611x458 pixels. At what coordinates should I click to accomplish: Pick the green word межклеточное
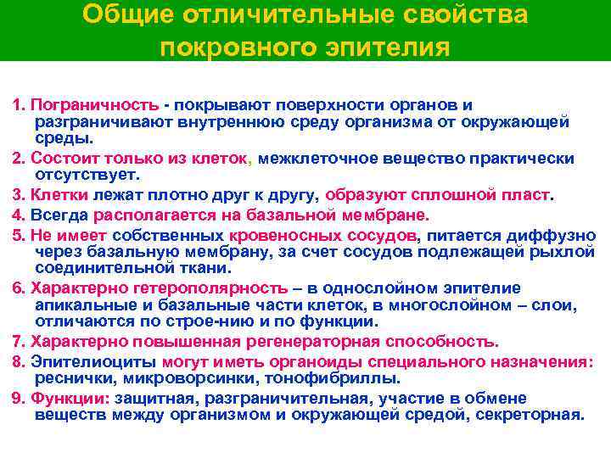312,159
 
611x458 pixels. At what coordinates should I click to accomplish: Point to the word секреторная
531,415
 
